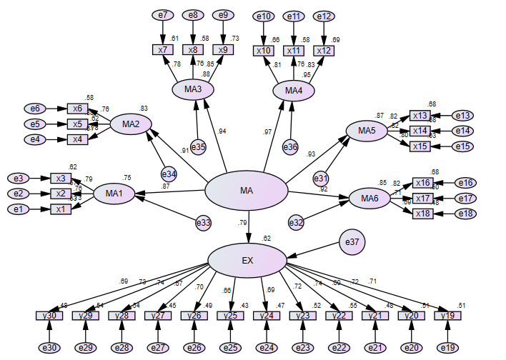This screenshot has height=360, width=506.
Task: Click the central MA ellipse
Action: click(247, 191)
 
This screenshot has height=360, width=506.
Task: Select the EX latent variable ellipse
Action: click(247, 260)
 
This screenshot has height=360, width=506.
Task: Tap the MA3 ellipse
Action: click(193, 89)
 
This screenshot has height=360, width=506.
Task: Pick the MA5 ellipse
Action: click(367, 130)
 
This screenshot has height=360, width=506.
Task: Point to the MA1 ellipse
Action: click(114, 193)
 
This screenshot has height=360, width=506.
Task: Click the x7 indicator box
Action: click(163, 50)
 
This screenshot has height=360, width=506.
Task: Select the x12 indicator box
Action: click(323, 50)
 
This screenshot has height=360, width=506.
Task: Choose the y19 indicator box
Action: click(447, 316)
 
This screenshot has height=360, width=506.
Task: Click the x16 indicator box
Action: click(422, 183)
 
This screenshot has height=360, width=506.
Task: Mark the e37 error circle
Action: click(353, 241)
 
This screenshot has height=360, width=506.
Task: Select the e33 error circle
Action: click(204, 223)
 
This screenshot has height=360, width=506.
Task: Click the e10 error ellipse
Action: click(263, 16)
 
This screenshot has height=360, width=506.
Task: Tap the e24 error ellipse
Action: click(267, 348)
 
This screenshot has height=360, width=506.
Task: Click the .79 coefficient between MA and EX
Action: click(242, 224)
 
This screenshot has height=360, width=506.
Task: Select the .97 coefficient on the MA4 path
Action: click(267, 132)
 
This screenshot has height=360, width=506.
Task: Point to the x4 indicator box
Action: click(77, 139)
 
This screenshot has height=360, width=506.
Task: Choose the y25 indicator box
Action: click(230, 316)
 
